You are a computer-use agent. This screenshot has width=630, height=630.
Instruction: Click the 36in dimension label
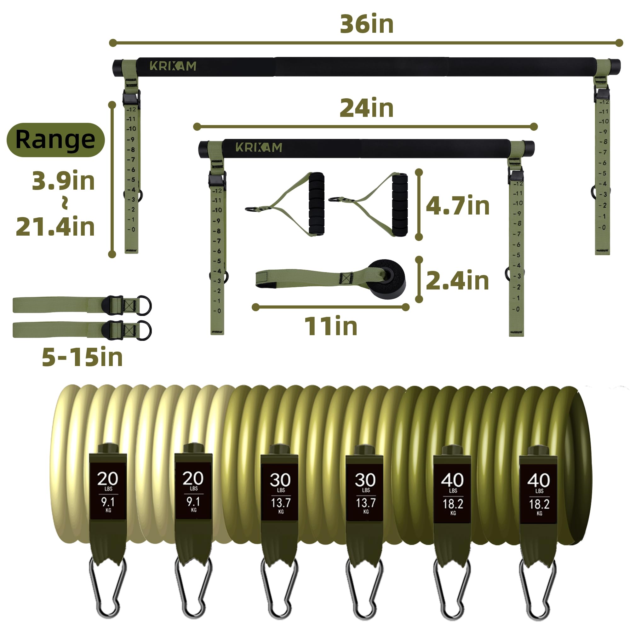(x=367, y=24)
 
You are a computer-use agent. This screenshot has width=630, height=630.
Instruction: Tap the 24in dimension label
(x=367, y=108)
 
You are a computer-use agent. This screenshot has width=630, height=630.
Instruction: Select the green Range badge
(x=55, y=140)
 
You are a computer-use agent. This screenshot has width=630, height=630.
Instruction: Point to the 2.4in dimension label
(x=457, y=280)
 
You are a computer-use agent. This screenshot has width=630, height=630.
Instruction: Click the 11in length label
(x=331, y=326)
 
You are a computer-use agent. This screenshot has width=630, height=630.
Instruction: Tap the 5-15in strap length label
(x=82, y=357)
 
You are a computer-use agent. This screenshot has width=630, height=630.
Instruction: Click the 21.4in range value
(x=55, y=226)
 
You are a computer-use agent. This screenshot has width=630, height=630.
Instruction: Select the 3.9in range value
(x=63, y=180)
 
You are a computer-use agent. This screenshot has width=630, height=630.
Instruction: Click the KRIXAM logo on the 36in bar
(x=173, y=66)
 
